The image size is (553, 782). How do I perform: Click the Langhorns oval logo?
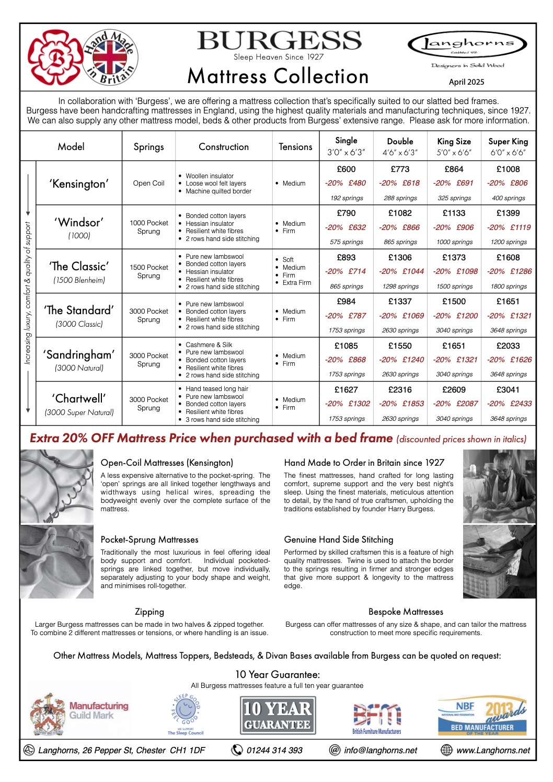point(467,44)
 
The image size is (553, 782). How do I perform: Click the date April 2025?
point(466,82)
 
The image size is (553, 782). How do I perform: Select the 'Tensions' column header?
point(295,147)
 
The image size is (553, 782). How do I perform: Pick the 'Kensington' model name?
point(79,183)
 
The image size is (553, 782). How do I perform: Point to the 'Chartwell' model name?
point(79,398)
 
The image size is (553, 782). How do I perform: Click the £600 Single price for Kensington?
point(346,169)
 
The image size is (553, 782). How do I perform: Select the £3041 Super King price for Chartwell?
point(508,390)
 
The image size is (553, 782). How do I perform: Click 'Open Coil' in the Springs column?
point(148,183)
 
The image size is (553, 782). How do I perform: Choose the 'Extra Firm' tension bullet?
point(297,283)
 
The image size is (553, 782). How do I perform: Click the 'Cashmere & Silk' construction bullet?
point(209,345)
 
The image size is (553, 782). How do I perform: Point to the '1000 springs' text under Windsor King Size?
point(454,242)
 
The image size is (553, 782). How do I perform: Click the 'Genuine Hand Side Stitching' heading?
point(339,539)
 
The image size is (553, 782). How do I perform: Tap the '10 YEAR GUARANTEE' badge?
point(278,716)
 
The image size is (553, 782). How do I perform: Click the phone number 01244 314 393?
point(274,751)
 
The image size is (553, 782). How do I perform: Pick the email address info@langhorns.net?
point(381,751)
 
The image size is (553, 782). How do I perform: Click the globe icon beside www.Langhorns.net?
point(446,750)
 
